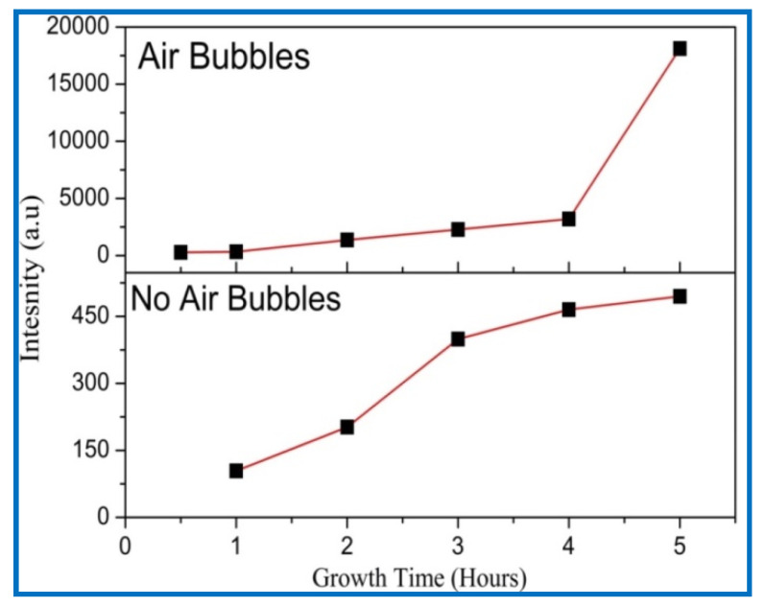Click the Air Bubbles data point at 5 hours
click(680, 48)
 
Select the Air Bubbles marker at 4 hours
click(568, 219)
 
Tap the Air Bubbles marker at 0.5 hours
click(180, 252)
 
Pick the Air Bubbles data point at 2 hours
click(347, 240)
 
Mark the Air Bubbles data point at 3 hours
click(458, 229)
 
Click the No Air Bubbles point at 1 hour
click(236, 471)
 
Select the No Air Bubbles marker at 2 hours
click(347, 427)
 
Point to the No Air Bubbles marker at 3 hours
click(458, 339)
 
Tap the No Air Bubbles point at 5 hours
click(680, 296)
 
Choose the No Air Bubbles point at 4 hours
click(568, 309)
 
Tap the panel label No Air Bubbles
click(235, 299)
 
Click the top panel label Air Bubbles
click(224, 57)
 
